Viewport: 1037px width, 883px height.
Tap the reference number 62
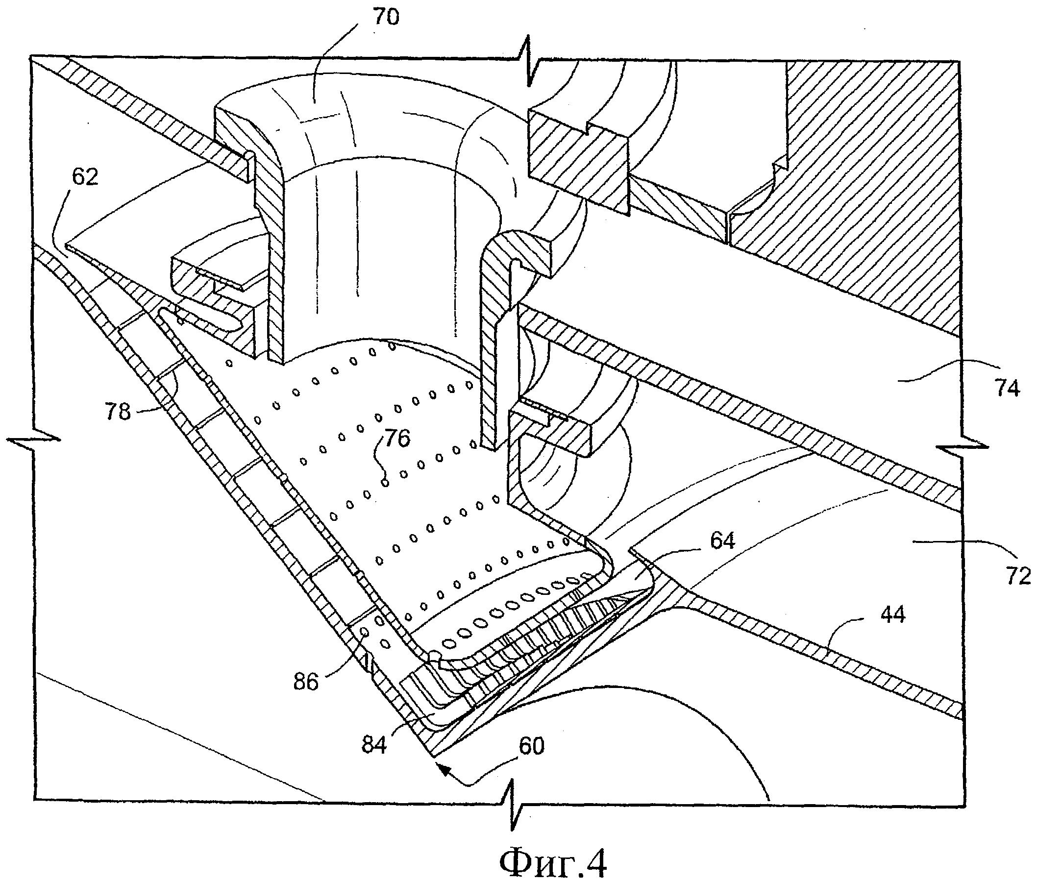click(x=85, y=177)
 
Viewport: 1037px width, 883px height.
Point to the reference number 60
click(x=532, y=747)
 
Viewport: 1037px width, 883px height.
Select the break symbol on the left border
click(x=33, y=440)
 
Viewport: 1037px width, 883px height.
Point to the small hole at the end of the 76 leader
click(x=384, y=482)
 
